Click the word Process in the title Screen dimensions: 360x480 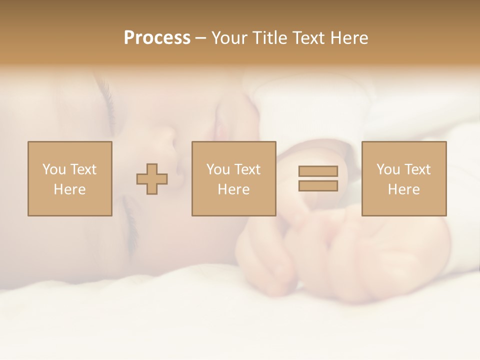pyautogui.click(x=157, y=37)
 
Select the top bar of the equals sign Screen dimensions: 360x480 pyautogui.click(x=318, y=171)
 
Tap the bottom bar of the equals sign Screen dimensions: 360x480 pyautogui.click(x=318, y=185)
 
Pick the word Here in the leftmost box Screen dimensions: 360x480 pyautogui.click(x=69, y=189)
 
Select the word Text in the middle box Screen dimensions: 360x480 pyautogui.click(x=247, y=169)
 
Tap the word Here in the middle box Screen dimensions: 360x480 pyautogui.click(x=233, y=189)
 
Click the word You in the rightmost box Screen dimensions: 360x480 pyautogui.click(x=388, y=169)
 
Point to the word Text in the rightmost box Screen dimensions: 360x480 pyautogui.click(x=417, y=169)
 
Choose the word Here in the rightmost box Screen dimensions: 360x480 pyautogui.click(x=403, y=189)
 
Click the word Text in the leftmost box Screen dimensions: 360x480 pyautogui.click(x=83, y=169)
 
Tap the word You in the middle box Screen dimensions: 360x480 pyautogui.click(x=218, y=169)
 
